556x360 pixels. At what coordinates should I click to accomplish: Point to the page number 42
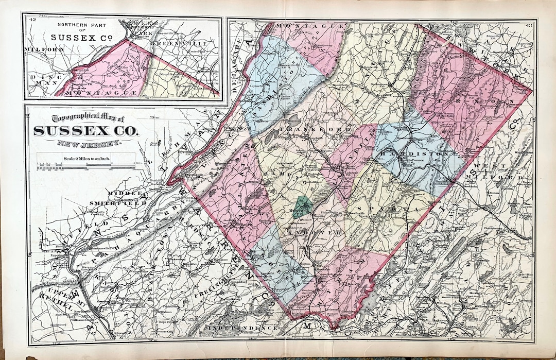coord(32,20)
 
